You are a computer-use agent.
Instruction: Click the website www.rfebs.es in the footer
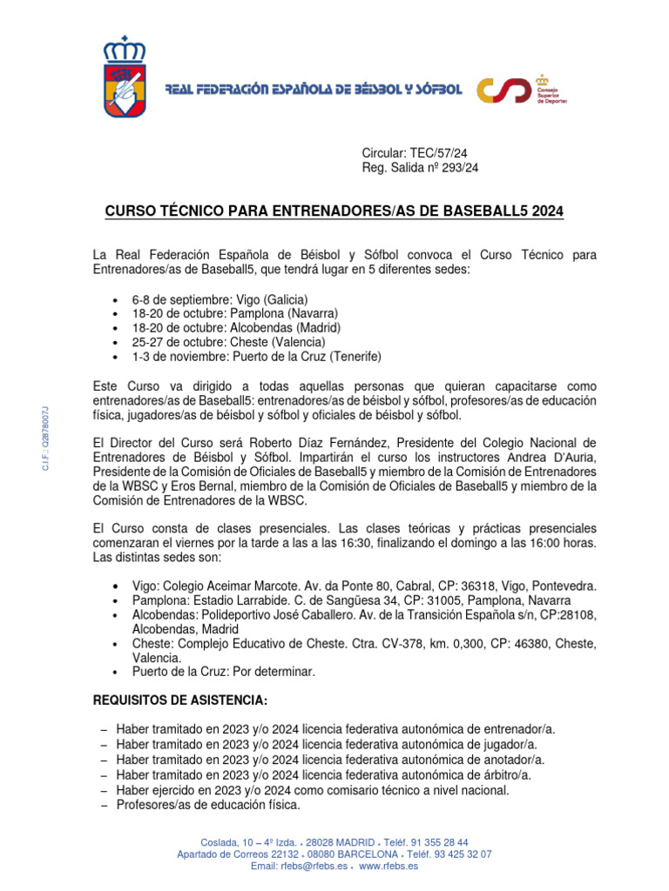coord(389,867)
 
